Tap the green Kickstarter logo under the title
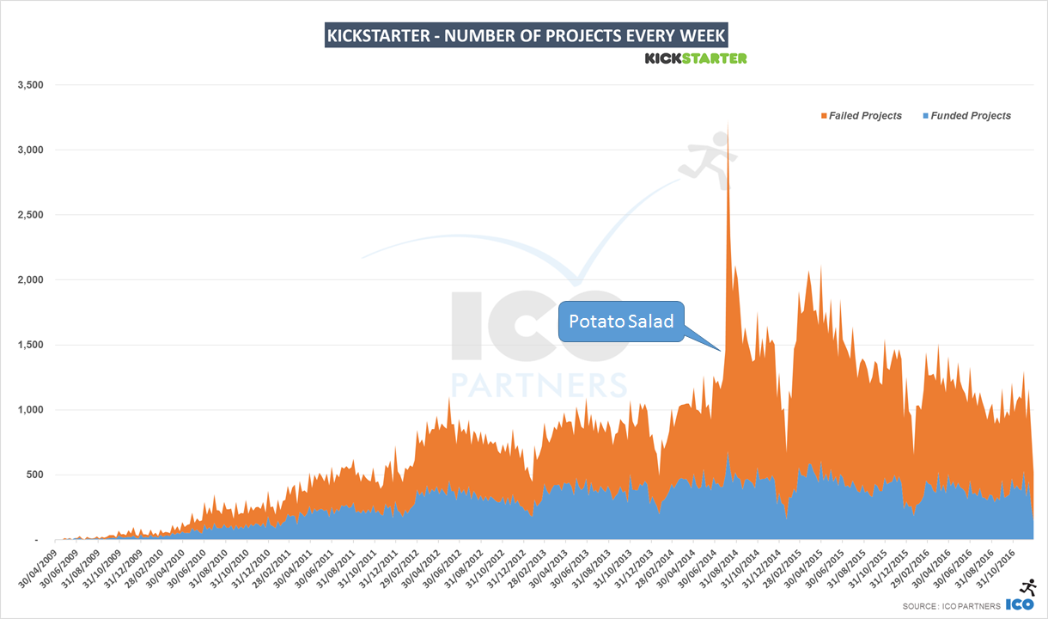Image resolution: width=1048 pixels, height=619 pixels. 696,58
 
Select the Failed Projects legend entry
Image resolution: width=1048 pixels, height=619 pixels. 861,115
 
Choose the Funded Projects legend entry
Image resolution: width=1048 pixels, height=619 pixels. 966,115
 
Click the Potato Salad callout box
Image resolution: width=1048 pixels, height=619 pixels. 621,322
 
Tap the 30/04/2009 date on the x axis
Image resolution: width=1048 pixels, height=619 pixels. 39,568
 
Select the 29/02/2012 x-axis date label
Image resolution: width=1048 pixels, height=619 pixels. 400,568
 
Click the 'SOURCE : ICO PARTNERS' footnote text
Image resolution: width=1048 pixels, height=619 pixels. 951,607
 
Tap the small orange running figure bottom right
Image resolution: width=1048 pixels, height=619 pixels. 1027,587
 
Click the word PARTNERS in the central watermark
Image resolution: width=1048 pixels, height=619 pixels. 539,383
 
